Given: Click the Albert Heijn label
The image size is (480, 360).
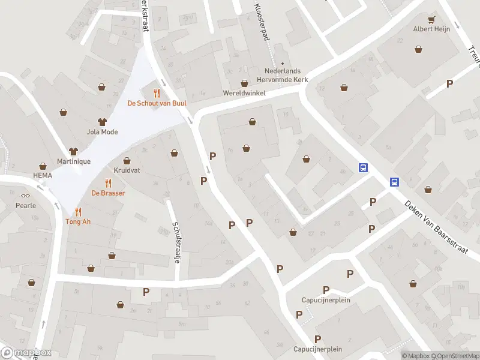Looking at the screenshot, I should coord(431,29).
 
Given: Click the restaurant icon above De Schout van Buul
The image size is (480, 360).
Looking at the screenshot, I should coord(157,93).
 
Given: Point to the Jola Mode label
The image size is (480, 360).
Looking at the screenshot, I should coord(102,132).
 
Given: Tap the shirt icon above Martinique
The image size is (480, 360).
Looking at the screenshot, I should coord(74,151).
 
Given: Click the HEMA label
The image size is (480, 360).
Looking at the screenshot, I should coord(43,176).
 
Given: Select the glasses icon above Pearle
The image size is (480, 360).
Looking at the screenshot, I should coord(25,195).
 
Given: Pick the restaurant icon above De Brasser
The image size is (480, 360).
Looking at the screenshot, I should coord(108,183).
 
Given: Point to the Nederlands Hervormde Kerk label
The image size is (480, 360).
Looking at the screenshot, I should coord(282,74).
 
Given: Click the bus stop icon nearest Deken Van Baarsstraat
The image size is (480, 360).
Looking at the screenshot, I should coord(395,182).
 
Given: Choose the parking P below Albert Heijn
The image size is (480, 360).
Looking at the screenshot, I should coord(449,83).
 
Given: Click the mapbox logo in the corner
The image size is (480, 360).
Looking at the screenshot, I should coord(26,353).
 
